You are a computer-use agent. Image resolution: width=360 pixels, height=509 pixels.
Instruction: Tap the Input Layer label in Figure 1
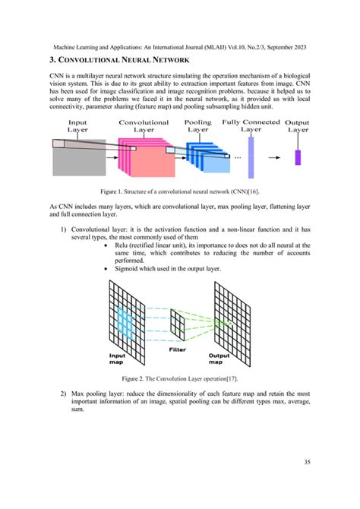[x=77, y=126]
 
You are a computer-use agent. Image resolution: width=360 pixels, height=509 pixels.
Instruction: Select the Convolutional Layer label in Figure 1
[x=144, y=126]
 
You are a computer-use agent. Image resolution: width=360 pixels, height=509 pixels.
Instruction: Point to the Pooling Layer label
[x=198, y=126]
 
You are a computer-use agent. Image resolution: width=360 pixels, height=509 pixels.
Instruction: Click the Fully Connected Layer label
[x=251, y=125]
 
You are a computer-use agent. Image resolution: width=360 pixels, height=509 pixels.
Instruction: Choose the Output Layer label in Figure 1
[x=298, y=126]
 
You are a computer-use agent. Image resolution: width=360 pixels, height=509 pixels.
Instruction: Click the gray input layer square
[x=74, y=159]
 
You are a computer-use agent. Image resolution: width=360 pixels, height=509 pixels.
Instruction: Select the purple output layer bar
[x=298, y=157]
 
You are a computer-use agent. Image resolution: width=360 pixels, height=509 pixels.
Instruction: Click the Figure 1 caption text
[x=181, y=191]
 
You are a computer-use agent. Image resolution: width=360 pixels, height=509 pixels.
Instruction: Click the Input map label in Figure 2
[x=118, y=358]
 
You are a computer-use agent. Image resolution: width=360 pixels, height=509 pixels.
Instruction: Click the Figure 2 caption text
[x=181, y=378]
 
